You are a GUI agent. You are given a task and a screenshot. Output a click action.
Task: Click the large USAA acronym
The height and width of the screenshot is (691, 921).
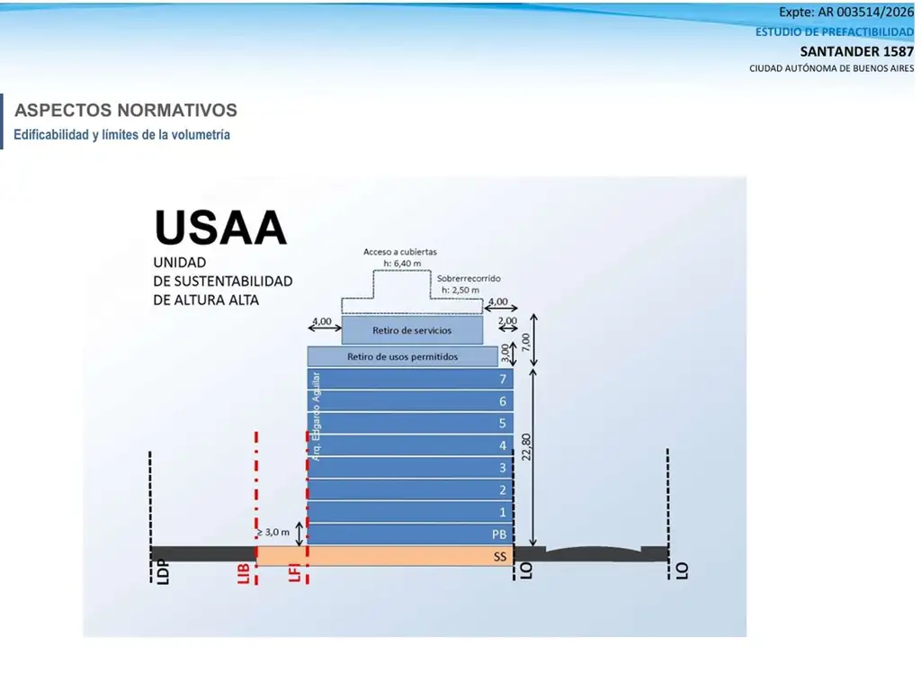pyautogui.click(x=220, y=227)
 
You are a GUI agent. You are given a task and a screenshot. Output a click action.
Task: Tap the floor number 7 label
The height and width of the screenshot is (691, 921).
pyautogui.click(x=503, y=379)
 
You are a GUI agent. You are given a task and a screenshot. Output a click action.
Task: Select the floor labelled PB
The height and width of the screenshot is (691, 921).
pyautogui.click(x=410, y=534)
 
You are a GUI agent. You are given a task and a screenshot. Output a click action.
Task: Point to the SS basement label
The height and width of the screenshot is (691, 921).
pyautogui.click(x=500, y=556)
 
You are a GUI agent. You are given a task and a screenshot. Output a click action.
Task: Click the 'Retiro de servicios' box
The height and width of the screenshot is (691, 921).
pyautogui.click(x=412, y=330)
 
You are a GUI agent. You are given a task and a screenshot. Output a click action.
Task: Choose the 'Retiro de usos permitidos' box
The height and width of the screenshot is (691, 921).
pyautogui.click(x=402, y=356)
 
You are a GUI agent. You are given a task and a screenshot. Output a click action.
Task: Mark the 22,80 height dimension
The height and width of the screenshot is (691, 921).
pyautogui.click(x=526, y=446)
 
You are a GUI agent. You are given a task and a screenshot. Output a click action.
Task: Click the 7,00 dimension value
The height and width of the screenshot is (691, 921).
pyautogui.click(x=525, y=341)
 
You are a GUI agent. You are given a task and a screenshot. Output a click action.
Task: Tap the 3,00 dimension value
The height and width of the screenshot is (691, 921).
pyautogui.click(x=505, y=353)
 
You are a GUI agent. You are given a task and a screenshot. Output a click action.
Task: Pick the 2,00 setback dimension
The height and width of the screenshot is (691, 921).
pyautogui.click(x=507, y=321)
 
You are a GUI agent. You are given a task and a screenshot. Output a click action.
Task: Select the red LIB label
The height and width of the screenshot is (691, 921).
pyautogui.click(x=244, y=573)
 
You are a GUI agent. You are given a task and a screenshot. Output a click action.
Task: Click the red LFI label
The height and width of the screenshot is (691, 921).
pyautogui.click(x=295, y=572)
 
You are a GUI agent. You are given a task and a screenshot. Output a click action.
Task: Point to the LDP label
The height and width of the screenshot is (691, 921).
pyautogui.click(x=164, y=572)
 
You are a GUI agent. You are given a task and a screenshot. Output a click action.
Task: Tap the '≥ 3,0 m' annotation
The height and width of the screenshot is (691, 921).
pyautogui.click(x=273, y=533)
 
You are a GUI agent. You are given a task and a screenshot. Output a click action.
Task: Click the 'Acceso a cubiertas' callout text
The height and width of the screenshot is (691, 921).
pyautogui.click(x=400, y=252)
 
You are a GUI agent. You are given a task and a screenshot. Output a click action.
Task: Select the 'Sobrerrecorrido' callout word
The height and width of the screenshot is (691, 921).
pyautogui.click(x=469, y=279)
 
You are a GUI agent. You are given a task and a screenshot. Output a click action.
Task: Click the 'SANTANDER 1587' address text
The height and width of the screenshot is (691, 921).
pyautogui.click(x=856, y=51)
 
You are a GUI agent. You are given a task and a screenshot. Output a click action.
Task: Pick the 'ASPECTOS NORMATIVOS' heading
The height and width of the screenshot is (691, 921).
pyautogui.click(x=126, y=110)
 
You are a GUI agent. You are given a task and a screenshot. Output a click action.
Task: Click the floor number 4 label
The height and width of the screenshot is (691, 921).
pyautogui.click(x=503, y=446)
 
